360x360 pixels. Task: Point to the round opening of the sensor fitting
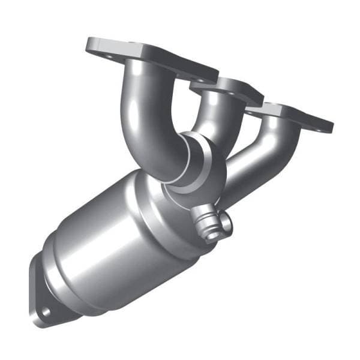pos(211,233)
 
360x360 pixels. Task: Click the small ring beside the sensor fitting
pos(226,221)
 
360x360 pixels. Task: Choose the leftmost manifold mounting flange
pos(150,57)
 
